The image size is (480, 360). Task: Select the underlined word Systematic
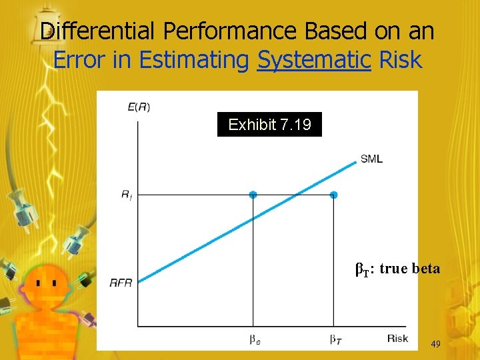pos(314,60)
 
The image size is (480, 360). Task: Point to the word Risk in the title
pos(400,60)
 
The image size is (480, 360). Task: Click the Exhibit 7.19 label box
pos(269,125)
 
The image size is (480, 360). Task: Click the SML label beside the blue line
pos(371,159)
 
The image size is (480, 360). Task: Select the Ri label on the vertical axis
pos(126,195)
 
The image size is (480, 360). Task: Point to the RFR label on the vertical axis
pos(121,283)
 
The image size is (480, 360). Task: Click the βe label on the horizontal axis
pos(254,339)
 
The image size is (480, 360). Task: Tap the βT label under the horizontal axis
pos(335,339)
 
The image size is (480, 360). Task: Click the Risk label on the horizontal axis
pos(397,339)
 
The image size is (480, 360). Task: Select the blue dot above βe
pos(253,195)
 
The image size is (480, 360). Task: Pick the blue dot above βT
pos(334,195)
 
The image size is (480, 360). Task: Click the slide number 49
pos(436,344)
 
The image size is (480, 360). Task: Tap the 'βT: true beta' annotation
pos(397,269)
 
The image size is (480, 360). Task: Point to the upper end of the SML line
pos(356,161)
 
